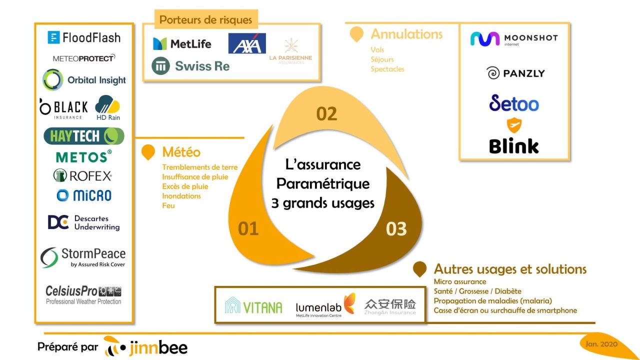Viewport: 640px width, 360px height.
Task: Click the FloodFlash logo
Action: point(84,37)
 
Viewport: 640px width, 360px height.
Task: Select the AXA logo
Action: point(247,43)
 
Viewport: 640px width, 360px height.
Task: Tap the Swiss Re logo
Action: point(190,65)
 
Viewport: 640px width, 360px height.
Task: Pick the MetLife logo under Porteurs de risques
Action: point(182,44)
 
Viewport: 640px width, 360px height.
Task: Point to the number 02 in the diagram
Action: point(326,114)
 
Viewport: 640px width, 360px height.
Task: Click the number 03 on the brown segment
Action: point(396,229)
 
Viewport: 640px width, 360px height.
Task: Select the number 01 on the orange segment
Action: point(248,228)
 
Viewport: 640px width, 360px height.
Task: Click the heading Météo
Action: point(181,152)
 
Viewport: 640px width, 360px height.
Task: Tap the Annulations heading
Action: point(406,34)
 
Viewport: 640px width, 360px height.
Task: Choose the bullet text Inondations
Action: point(181,196)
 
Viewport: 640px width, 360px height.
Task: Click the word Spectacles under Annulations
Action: point(387,69)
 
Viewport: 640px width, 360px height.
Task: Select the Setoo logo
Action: point(514,103)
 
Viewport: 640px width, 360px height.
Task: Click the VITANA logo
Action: point(254,306)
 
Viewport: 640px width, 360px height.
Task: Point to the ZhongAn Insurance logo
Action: point(390,306)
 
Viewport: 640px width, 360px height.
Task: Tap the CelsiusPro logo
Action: point(83,294)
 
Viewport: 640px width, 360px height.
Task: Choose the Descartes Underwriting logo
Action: point(84,222)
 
